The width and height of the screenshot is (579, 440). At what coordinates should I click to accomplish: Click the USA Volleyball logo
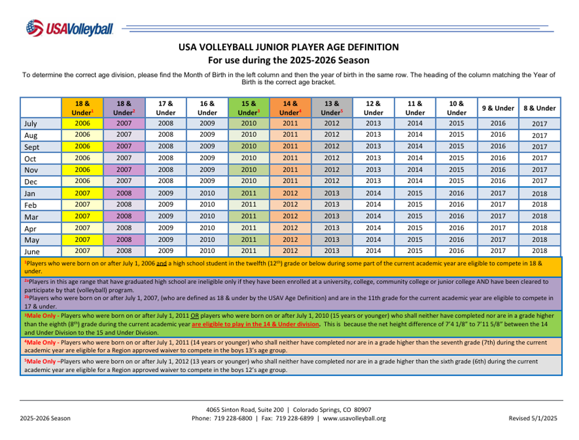coord(69,28)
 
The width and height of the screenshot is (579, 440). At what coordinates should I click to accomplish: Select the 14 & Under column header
coord(290,108)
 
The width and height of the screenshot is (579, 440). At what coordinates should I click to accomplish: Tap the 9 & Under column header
coord(498,108)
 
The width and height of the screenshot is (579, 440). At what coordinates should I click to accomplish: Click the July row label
coord(31,123)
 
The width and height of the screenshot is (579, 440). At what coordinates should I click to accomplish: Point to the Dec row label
coord(31,181)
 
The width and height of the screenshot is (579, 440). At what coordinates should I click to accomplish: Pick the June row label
coord(32,251)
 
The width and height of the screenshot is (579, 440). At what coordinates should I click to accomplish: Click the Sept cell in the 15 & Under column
coord(249,146)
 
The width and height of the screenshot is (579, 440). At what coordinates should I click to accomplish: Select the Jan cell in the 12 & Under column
coord(373,193)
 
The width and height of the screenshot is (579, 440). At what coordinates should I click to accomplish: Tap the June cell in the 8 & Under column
coord(539,251)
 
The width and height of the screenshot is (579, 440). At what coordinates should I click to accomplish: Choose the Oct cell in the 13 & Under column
coord(332,158)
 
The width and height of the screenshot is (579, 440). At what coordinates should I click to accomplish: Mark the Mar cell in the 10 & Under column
coord(456,216)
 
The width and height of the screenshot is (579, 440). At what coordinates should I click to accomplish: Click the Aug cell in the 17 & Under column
coord(166,135)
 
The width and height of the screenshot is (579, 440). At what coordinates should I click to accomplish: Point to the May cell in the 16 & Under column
coord(208,239)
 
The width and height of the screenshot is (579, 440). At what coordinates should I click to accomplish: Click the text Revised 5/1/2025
coord(533,419)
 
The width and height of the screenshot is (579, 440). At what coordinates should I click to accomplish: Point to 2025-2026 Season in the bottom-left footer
coord(45,419)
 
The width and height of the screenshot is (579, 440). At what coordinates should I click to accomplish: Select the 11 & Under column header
coord(415,108)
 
